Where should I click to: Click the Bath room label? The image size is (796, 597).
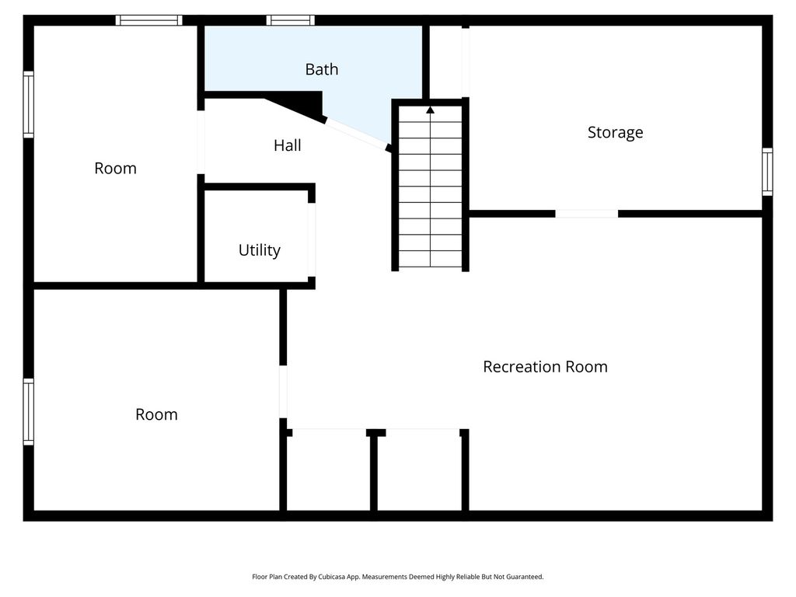(x=321, y=69)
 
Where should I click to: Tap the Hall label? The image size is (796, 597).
(x=288, y=145)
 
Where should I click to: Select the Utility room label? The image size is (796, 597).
(x=260, y=250)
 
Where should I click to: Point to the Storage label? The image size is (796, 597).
(x=616, y=132)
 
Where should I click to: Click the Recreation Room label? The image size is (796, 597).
(x=545, y=367)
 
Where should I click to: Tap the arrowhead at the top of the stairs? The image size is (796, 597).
(x=431, y=110)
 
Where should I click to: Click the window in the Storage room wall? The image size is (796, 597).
(x=767, y=172)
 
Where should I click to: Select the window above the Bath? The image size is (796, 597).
(x=291, y=20)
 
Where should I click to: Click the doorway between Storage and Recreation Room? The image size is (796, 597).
(x=587, y=214)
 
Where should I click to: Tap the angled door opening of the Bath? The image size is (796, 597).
(x=356, y=134)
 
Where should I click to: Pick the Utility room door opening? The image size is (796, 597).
(x=312, y=239)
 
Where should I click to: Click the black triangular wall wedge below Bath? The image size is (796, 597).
(x=299, y=105)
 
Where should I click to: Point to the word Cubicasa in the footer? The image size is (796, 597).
(x=330, y=577)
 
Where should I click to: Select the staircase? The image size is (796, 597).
(x=431, y=186)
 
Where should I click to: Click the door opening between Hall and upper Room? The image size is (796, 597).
(x=201, y=142)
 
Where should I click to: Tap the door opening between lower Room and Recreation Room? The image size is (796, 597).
(x=283, y=392)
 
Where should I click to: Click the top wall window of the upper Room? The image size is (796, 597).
(x=148, y=20)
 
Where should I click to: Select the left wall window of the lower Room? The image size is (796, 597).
(x=29, y=412)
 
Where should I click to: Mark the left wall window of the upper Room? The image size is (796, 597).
(x=29, y=105)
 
